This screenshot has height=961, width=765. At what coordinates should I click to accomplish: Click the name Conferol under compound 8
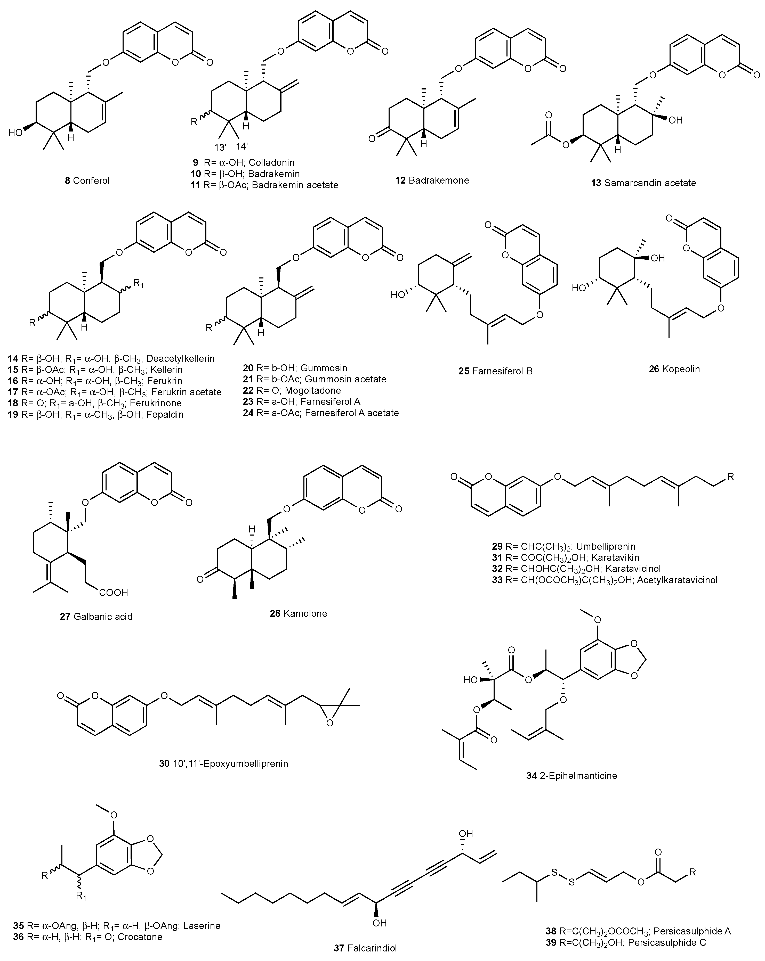click(91, 180)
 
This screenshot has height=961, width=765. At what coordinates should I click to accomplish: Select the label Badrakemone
click(438, 180)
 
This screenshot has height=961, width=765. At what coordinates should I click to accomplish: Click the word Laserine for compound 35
click(203, 925)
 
